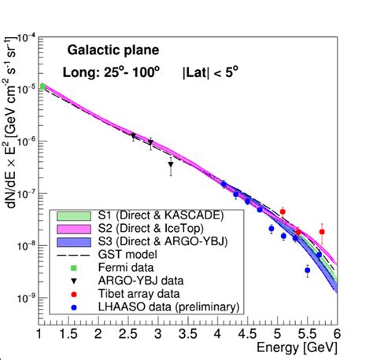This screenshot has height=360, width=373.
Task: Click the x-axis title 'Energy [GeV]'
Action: [299, 348]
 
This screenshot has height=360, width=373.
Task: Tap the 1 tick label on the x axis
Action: [39, 335]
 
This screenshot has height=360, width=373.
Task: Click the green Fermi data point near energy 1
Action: [42, 86]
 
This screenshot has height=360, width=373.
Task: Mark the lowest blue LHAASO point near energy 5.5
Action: [307, 270]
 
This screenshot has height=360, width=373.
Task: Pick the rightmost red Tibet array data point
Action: [321, 232]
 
